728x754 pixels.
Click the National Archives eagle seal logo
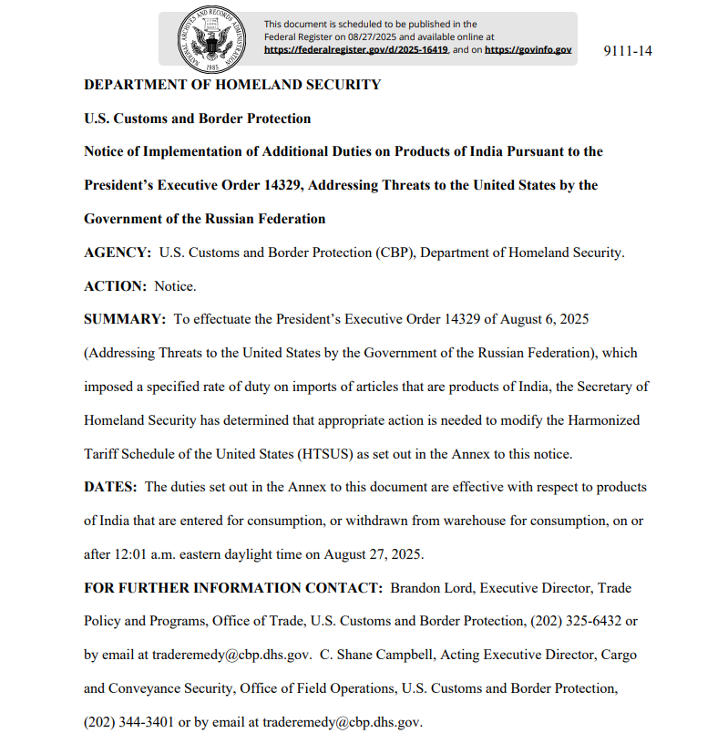point(212,38)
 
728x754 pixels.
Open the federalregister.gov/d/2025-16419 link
point(356,50)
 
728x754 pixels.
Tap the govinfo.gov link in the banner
point(528,50)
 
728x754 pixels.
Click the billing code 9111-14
point(628,50)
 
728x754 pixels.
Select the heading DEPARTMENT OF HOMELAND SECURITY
point(232,85)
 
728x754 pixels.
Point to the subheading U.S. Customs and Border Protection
point(198,119)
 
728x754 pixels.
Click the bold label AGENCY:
point(118,253)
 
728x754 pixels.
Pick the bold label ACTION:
point(115,286)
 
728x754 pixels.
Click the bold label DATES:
point(110,487)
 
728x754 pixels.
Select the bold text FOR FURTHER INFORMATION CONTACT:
point(233,588)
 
